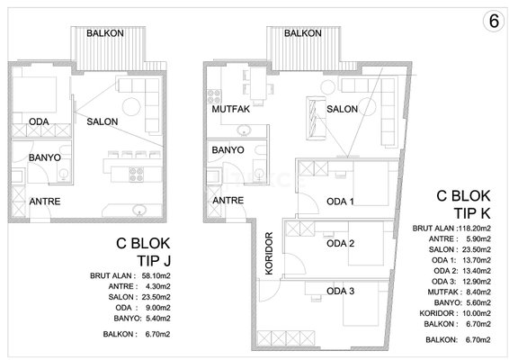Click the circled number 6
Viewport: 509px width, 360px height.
494,22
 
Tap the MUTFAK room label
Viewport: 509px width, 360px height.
231,109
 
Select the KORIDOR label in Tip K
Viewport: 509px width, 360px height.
269,254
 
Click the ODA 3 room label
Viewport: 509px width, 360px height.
340,291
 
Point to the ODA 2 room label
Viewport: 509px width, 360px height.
340,243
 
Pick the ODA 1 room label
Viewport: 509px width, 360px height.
340,202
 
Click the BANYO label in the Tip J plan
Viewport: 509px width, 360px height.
45,157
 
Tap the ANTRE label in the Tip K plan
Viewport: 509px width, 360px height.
228,200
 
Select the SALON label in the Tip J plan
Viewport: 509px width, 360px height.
103,121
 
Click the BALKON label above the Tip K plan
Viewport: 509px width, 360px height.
303,33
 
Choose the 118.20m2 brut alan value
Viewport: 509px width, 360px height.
474,228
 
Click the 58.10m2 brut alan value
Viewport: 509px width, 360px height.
156,275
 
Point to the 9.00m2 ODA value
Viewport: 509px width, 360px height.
157,308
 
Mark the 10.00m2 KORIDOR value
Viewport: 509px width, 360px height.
477,313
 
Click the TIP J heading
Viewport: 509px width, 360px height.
154,261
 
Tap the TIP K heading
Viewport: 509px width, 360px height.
472,213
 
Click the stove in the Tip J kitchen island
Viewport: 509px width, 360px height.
137,174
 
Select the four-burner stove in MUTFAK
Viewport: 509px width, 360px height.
214,96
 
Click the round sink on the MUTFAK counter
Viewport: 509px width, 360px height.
244,130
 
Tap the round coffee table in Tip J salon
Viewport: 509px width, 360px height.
131,106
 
